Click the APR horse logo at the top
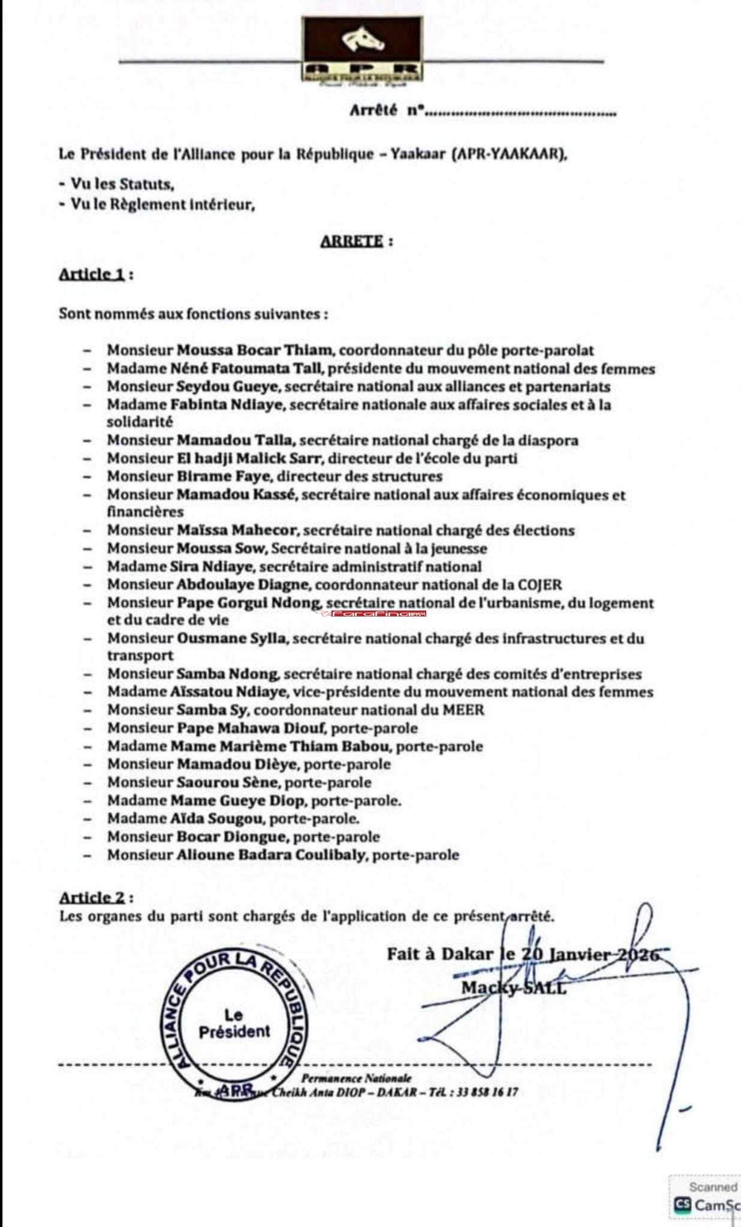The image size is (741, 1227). click(x=362, y=49)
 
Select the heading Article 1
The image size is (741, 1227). click(x=91, y=274)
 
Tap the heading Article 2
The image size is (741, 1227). click(x=92, y=897)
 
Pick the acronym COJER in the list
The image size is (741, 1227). click(x=540, y=584)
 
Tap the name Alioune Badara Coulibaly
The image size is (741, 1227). click(x=271, y=855)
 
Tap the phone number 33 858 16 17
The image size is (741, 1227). click(x=487, y=1092)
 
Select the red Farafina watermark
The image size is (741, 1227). click(x=370, y=614)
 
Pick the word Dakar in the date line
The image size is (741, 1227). click(x=467, y=954)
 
